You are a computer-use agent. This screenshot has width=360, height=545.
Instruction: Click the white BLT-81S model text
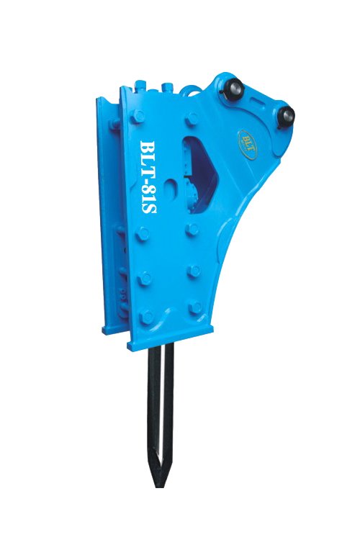tap(148, 176)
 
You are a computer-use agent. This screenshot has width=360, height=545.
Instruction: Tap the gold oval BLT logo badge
tap(248, 145)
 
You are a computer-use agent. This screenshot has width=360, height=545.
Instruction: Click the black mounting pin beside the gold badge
tap(285, 116)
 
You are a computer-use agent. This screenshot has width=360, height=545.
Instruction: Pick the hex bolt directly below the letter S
tap(143, 233)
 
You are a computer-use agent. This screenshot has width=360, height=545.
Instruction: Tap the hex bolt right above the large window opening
tap(192, 120)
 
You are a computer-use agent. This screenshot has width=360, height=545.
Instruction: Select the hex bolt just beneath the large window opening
tap(192, 230)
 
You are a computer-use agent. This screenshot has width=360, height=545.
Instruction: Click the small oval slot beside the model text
tap(172, 185)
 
